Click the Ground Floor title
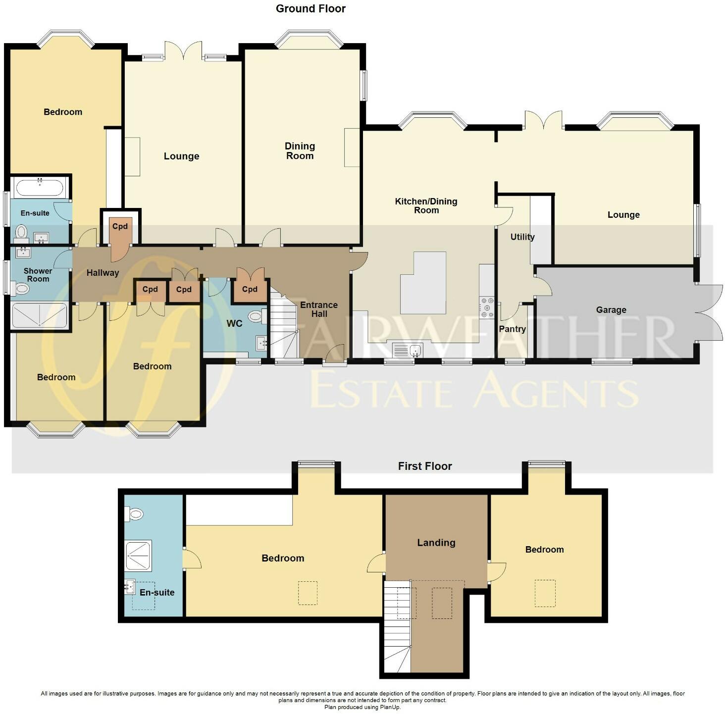[x=311, y=8]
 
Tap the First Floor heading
[x=424, y=466]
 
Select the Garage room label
[x=611, y=310]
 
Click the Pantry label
[x=512, y=329]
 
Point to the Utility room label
[x=522, y=237]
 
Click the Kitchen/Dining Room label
[x=426, y=205]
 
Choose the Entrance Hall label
[x=319, y=309]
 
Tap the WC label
[x=234, y=323]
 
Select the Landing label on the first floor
[x=436, y=543]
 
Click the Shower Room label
[x=38, y=275]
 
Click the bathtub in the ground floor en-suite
[x=39, y=188]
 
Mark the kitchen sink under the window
[x=407, y=351]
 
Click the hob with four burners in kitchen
[x=487, y=307]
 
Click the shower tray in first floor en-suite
[x=138, y=556]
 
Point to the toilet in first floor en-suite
[x=134, y=514]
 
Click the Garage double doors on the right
[x=710, y=313]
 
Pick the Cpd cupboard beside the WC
[x=250, y=289]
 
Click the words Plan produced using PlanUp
[x=362, y=707]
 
